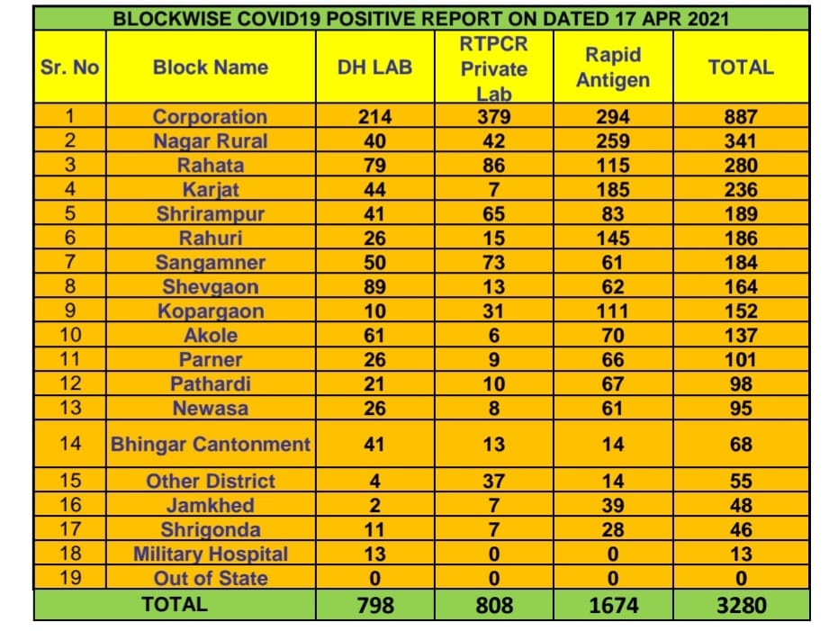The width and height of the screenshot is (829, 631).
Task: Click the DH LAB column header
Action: [374, 68]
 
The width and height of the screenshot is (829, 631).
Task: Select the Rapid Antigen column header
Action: [613, 68]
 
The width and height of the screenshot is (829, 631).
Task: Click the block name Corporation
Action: [210, 117]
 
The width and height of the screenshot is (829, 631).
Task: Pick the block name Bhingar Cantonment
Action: [210, 445]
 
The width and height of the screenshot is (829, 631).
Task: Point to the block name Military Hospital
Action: [210, 554]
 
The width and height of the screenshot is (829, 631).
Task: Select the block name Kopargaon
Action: [210, 311]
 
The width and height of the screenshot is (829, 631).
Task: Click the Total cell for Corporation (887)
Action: [741, 117]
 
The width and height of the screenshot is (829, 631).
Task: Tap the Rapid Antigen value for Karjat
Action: [613, 190]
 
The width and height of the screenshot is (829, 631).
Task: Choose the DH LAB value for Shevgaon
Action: [374, 287]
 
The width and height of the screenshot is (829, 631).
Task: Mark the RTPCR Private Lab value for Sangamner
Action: [493, 263]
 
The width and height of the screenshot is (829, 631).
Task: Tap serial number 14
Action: [70, 445]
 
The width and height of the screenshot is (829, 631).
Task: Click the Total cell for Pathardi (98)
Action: [741, 384]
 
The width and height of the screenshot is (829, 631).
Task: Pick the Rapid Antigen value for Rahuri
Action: [613, 239]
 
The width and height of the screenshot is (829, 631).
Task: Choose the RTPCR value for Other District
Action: [493, 482]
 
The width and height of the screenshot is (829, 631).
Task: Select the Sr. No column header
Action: [70, 68]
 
